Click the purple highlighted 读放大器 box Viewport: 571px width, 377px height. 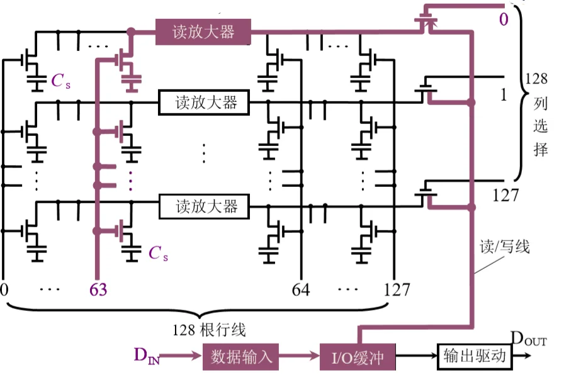click(x=203, y=31)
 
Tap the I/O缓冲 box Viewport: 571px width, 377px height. click(x=359, y=357)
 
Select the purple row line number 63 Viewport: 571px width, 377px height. click(x=98, y=290)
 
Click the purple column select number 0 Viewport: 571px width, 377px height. click(x=504, y=20)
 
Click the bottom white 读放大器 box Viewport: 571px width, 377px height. click(x=203, y=206)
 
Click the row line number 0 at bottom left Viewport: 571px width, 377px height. click(x=5, y=290)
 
